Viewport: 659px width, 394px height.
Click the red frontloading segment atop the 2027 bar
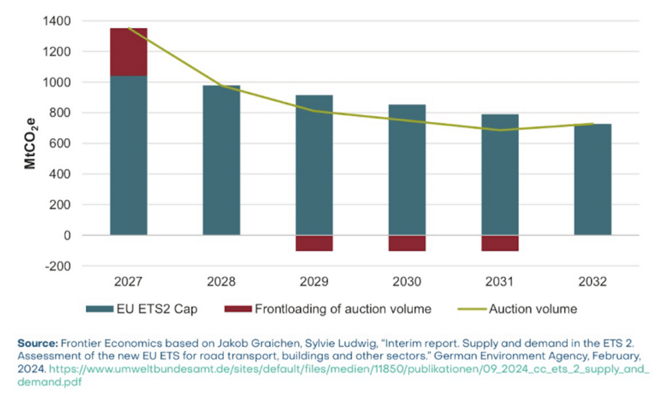coord(129,52)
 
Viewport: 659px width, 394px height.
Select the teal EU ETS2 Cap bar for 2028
coord(221,160)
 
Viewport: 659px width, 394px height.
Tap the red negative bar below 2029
coord(314,243)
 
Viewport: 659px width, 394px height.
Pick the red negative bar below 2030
coord(407,243)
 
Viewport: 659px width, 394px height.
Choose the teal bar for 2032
coord(592,179)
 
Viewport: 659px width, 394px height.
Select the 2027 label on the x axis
coord(129,282)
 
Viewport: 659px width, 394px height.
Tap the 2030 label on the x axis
coord(407,282)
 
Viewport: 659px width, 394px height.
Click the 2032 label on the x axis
coord(592,282)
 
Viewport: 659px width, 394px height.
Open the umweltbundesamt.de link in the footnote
coord(348,370)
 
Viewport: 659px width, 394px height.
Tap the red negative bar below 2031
coord(499,243)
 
